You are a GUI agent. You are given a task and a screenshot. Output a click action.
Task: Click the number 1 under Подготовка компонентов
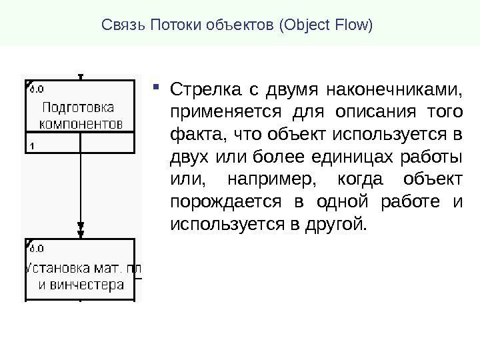[32, 145]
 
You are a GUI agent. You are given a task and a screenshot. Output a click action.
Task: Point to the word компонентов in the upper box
[82, 124]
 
